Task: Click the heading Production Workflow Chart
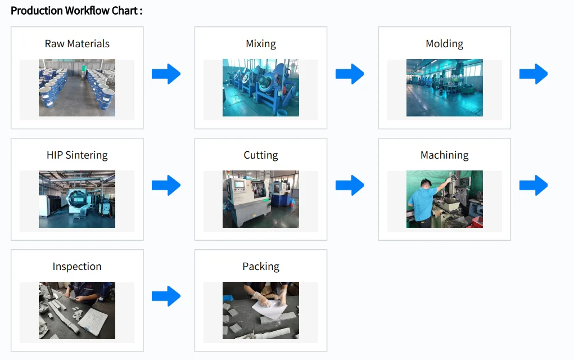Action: pos(76,11)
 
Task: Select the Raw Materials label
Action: pos(77,44)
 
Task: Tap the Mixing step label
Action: pos(261,44)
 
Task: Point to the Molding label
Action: pos(444,44)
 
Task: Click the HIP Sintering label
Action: pos(77,155)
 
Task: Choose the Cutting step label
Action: pos(261,155)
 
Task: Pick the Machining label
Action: pos(444,155)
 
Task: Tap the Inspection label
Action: pos(77,267)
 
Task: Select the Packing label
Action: pos(261,267)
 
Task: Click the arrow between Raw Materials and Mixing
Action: pos(166,74)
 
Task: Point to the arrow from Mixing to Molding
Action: pos(350,74)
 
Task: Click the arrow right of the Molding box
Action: pos(533,74)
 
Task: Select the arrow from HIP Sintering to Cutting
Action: pos(166,185)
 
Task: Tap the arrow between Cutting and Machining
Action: pos(350,185)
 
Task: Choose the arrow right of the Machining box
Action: pos(533,185)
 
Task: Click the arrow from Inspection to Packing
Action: pos(166,296)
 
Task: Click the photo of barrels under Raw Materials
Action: pos(77,88)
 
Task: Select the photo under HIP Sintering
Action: pos(77,199)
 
